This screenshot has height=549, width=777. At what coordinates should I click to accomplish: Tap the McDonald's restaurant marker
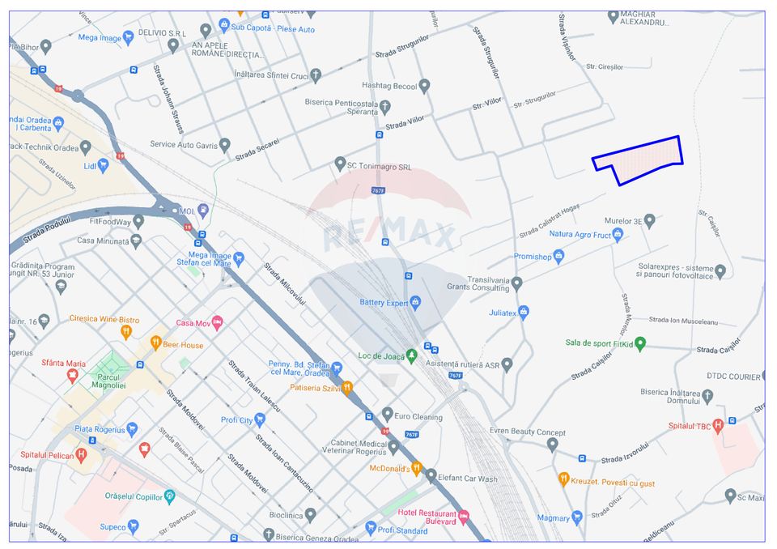click(x=417, y=468)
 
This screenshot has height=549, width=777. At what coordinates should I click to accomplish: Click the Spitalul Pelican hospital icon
click(x=81, y=454)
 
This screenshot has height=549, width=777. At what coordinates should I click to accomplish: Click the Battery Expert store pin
click(x=416, y=303)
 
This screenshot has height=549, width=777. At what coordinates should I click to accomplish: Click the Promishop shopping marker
click(x=558, y=257)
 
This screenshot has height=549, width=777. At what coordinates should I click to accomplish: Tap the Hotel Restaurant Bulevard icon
click(x=464, y=517)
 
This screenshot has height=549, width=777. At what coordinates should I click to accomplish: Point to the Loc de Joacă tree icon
click(x=411, y=355)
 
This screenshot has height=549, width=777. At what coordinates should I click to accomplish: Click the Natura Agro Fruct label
click(x=580, y=235)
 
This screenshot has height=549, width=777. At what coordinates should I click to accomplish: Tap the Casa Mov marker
click(x=217, y=323)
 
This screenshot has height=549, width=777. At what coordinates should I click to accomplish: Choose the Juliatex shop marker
click(x=523, y=312)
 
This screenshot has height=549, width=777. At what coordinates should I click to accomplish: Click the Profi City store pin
click(x=260, y=419)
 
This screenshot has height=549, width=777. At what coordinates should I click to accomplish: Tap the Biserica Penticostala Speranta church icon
click(x=385, y=107)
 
